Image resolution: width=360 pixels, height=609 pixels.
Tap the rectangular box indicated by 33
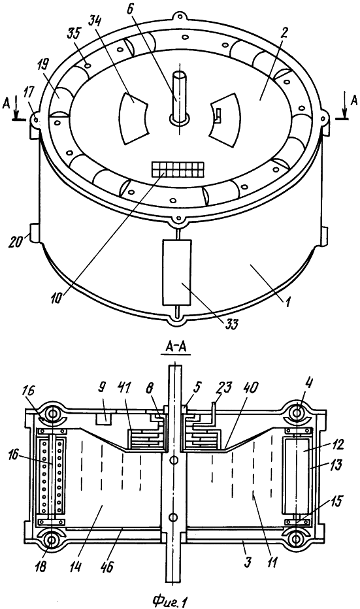pos(177,272)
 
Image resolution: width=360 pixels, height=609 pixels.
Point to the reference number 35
pos(74,33)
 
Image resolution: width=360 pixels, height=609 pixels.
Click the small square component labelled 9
pos(103,419)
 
